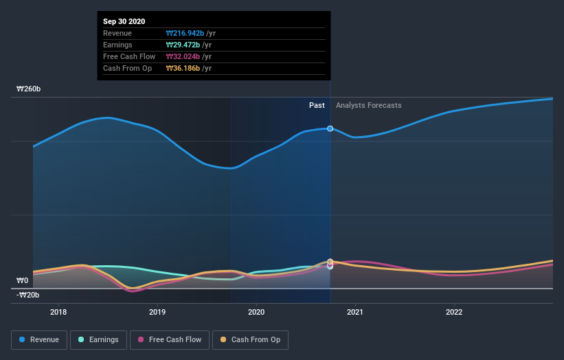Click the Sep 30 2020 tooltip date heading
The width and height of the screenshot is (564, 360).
pos(126,22)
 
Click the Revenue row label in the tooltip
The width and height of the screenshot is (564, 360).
pos(117,33)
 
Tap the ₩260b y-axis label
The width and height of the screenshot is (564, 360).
pos(28,89)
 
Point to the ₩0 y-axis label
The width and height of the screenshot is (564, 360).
pos(22,280)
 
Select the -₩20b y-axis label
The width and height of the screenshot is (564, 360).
pos(28,295)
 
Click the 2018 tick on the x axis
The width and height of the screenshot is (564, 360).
pos(58,311)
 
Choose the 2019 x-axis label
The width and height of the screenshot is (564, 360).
pos(157,311)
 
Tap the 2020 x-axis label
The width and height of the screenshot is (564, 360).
pos(256,311)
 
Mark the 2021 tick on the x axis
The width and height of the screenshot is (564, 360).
pos(355,311)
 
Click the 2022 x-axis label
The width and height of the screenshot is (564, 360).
pos(454,311)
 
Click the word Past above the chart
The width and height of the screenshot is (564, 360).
pos(317,105)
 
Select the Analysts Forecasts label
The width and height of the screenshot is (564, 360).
pos(368,105)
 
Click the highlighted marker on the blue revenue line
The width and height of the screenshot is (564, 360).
pos(330,128)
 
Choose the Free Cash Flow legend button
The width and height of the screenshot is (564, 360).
pos(170,339)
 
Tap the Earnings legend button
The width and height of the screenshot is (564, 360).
pos(99,339)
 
